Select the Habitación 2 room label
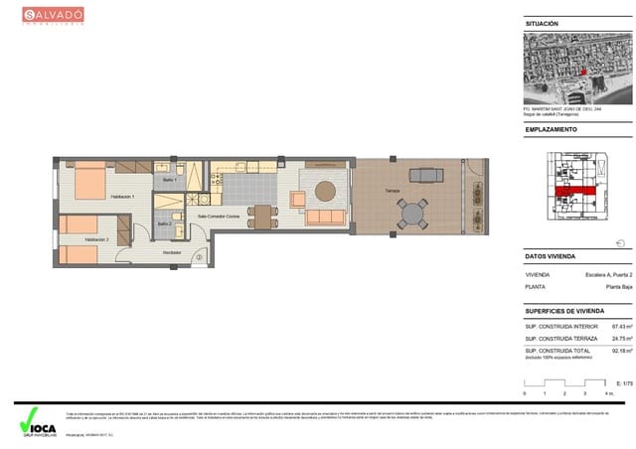click(96, 239)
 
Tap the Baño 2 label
click(165, 224)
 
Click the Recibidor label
click(172, 253)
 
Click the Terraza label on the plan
click(379, 194)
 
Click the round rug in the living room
click(326, 191)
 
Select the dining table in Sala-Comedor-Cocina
click(262, 216)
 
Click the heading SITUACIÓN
click(542, 24)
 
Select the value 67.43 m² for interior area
click(622, 326)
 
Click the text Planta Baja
click(619, 288)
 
